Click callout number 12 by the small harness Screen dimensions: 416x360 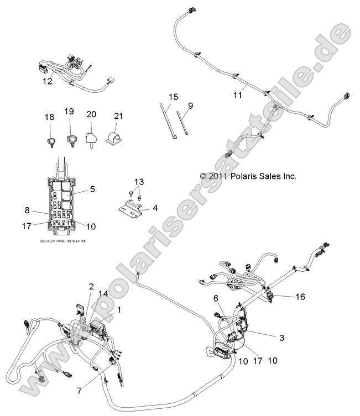pyautogui.click(x=47, y=81)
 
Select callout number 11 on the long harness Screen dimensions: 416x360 pyautogui.click(x=237, y=95)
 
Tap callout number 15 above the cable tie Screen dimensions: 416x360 pyautogui.click(x=173, y=97)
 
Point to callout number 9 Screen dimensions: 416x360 pyautogui.click(x=190, y=106)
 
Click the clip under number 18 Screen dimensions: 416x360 pyautogui.click(x=49, y=141)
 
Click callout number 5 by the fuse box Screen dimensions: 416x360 pyautogui.click(x=92, y=189)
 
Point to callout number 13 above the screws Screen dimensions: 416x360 pyautogui.click(x=139, y=182)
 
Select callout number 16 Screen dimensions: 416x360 pyautogui.click(x=300, y=297)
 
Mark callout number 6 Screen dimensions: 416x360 pyautogui.click(x=216, y=299)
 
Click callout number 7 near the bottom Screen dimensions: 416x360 pyautogui.click(x=80, y=391)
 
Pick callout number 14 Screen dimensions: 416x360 pyautogui.click(x=102, y=293)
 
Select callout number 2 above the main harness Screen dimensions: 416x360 pyautogui.click(x=91, y=286)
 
